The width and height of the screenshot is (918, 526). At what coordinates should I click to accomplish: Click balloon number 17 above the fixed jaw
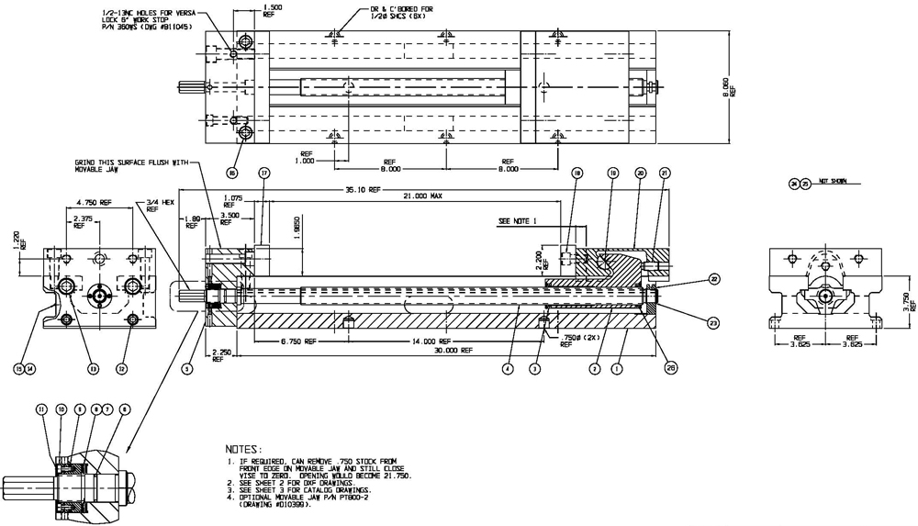tap(264, 173)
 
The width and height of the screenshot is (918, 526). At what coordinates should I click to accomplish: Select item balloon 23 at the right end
tap(712, 320)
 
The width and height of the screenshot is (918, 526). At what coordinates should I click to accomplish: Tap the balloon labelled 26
tap(671, 368)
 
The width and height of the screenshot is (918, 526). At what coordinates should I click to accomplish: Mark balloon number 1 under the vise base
tap(618, 368)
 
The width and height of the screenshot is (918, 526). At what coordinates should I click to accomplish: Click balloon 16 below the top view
tap(231, 172)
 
